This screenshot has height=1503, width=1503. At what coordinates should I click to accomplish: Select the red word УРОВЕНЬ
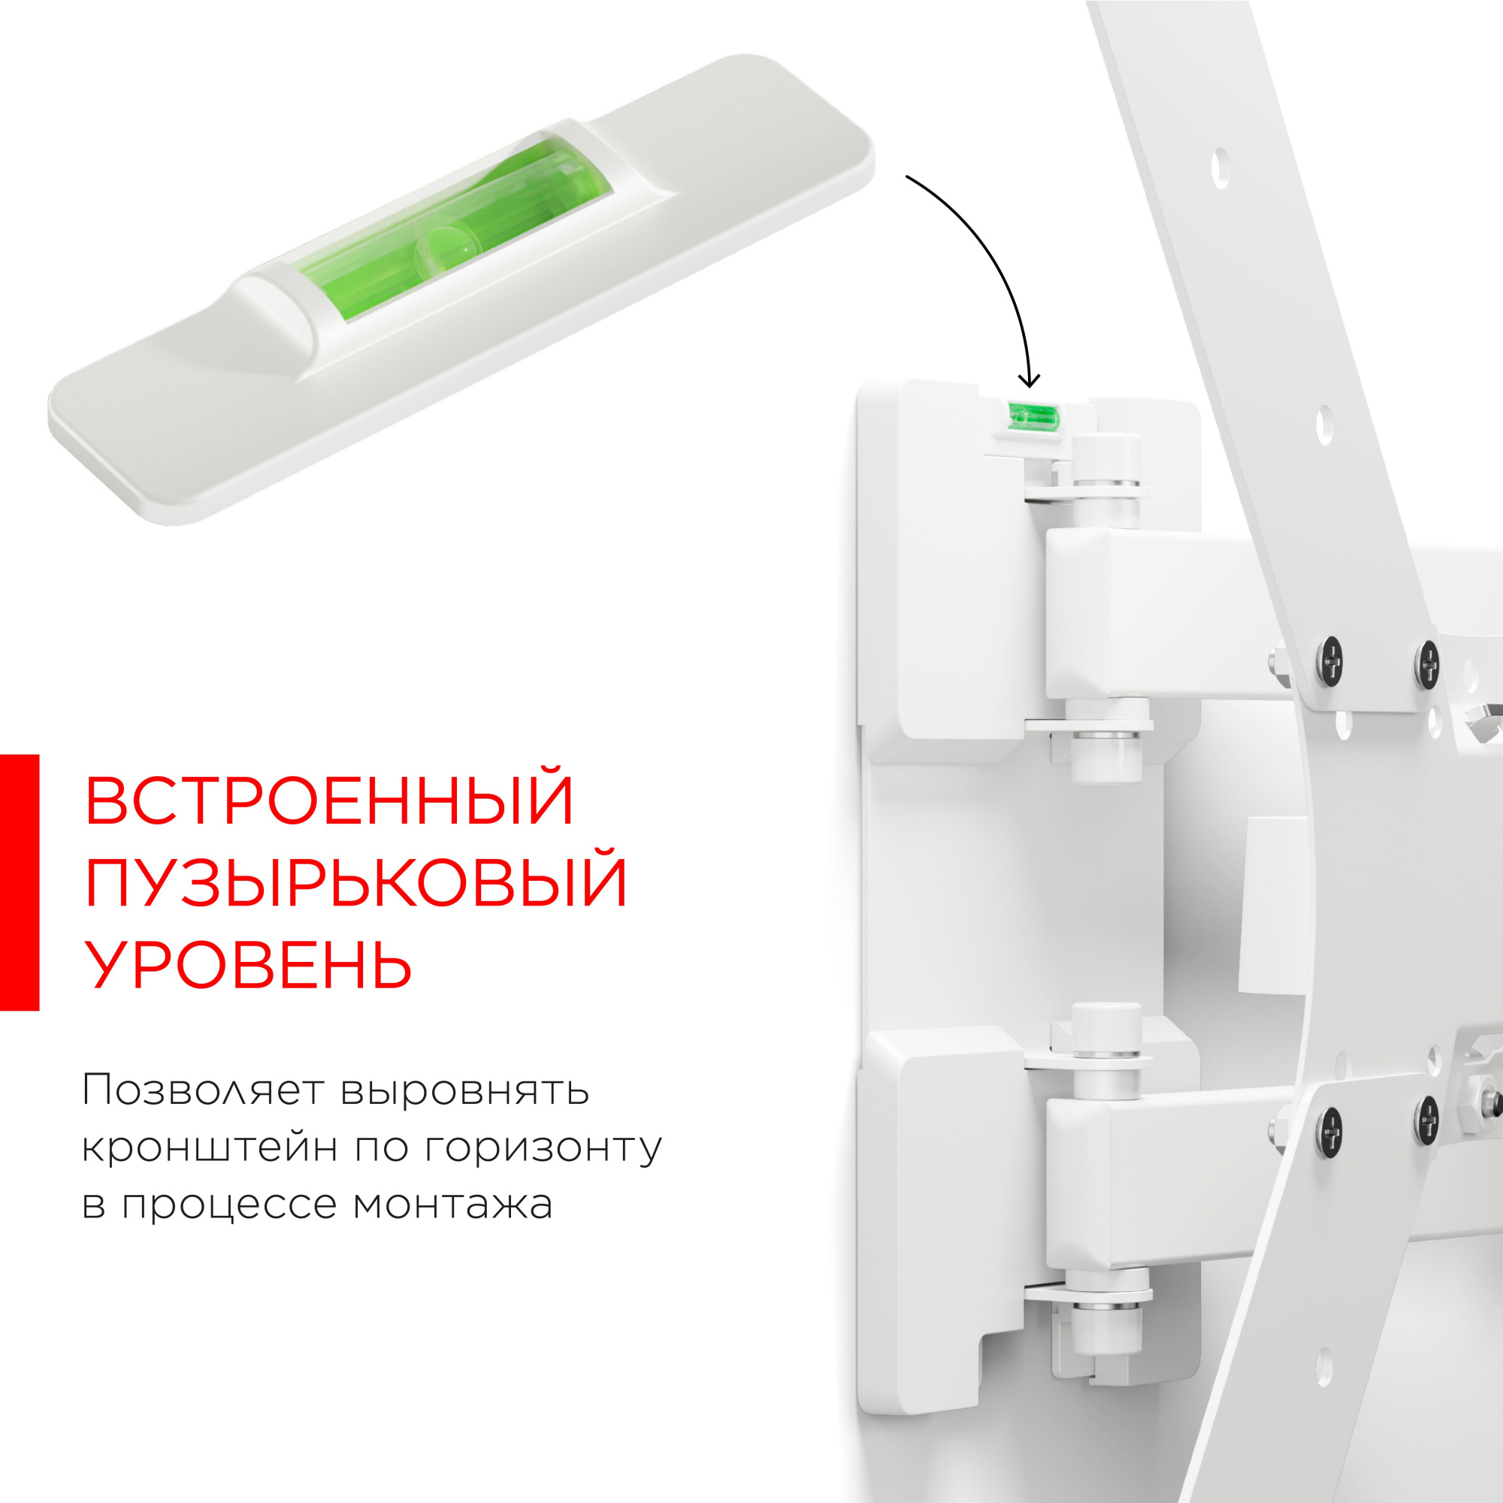click(247, 965)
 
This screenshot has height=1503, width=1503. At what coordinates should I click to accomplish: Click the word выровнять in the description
click(464, 1090)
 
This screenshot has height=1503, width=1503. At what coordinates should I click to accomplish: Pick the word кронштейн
click(208, 1148)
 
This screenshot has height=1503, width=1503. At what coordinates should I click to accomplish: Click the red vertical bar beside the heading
click(19, 882)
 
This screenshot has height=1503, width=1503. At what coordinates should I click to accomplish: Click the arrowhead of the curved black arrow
click(1030, 381)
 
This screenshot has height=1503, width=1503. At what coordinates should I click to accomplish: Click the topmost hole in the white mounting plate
click(1220, 168)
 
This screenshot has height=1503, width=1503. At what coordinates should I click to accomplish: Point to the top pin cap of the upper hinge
click(1105, 449)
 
